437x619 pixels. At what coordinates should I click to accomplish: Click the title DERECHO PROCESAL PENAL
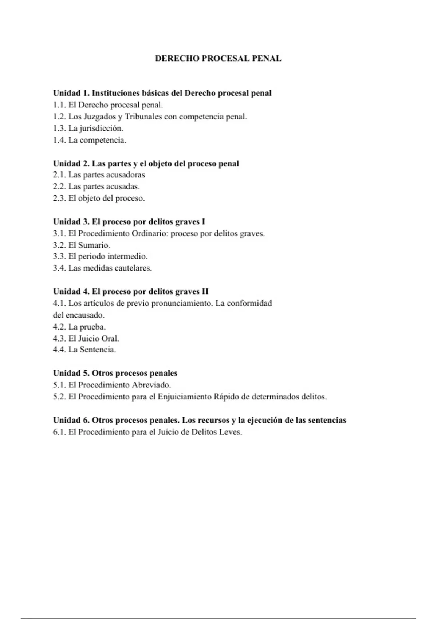click(x=218, y=59)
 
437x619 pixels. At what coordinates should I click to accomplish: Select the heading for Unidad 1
click(x=162, y=93)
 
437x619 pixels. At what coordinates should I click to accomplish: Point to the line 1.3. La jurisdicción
click(x=88, y=129)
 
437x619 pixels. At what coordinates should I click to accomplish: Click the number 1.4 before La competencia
click(x=59, y=140)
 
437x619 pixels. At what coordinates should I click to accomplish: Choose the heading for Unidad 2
click(x=146, y=163)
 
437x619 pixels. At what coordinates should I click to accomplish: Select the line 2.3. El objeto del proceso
click(x=99, y=198)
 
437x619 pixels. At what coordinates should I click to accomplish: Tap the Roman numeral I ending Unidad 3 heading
click(x=203, y=222)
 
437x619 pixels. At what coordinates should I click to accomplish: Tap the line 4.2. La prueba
click(x=79, y=327)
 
